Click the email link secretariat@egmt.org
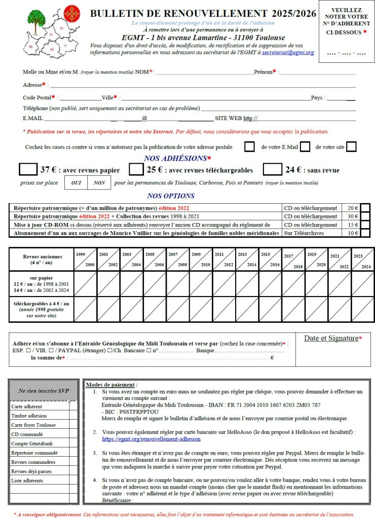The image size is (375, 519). point(288,52)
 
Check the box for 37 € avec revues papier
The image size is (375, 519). point(28,169)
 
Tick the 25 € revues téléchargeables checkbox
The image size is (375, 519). point(135,169)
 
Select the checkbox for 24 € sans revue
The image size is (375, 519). point(272,169)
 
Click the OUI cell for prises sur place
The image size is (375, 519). point(76,182)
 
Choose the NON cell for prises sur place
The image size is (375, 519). point(99,182)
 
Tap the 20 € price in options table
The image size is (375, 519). point(353,208)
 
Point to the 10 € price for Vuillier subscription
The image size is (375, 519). point(353,233)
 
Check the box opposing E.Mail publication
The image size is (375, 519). point(305,147)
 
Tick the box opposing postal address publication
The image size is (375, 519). point(249,147)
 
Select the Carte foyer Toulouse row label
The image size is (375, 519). point(33,425)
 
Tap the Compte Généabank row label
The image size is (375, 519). point(32,443)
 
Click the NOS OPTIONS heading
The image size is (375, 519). point(171,196)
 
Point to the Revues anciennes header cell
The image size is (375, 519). point(41,259)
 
